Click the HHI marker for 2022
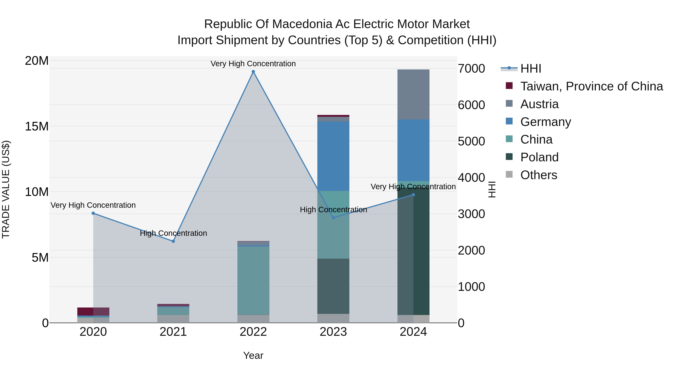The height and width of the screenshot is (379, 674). (x=253, y=72)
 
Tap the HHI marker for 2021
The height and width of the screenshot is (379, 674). (x=173, y=241)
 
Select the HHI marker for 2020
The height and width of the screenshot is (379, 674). (x=93, y=213)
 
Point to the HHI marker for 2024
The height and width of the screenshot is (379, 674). (x=413, y=195)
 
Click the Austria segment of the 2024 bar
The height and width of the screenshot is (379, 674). (x=413, y=94)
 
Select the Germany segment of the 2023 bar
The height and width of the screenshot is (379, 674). (x=333, y=156)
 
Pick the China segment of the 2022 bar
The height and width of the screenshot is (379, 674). (x=253, y=280)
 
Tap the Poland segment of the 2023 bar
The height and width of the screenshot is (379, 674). (x=333, y=286)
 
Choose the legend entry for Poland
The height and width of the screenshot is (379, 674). (x=539, y=157)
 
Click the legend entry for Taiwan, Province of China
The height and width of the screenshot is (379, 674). (x=591, y=86)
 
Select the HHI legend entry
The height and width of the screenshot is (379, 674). (x=530, y=69)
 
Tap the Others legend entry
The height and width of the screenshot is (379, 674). (x=538, y=175)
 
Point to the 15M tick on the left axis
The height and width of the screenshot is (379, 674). (x=37, y=126)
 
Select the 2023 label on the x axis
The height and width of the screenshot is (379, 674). (x=333, y=332)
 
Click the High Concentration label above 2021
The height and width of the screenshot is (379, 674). (x=173, y=233)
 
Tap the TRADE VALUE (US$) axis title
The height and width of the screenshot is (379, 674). (x=6, y=189)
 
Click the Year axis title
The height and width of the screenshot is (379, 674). (x=253, y=355)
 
